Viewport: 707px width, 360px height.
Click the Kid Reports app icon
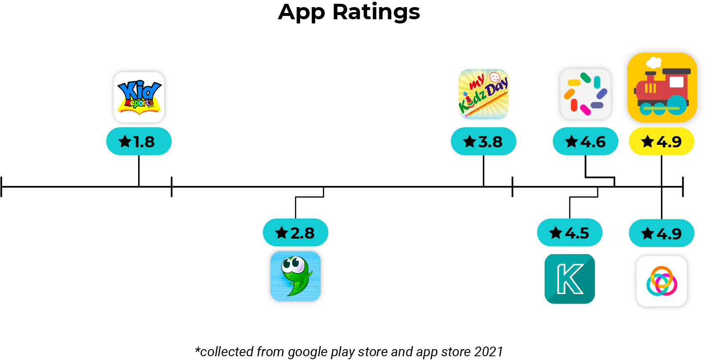pos(139,97)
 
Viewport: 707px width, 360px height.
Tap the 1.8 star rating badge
pos(139,141)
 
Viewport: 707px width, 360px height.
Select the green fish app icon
pos(296,277)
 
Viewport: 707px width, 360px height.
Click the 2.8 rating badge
pos(296,233)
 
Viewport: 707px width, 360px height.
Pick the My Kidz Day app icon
pos(483,94)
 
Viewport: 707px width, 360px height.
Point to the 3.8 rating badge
pos(483,141)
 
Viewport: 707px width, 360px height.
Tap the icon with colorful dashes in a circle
pos(585,94)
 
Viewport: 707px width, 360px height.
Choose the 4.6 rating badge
pos(585,141)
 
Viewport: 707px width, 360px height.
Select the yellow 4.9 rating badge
pos(661,141)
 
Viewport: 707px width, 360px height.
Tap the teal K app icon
pos(570,279)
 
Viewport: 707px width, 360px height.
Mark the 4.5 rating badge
pos(570,233)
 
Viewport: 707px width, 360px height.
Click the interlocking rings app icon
pos(662,281)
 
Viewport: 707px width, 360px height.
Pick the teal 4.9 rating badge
pos(661,233)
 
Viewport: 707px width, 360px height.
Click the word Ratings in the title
pos(376,13)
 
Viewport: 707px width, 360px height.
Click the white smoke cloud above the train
pos(653,63)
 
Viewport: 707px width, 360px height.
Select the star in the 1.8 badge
pos(125,141)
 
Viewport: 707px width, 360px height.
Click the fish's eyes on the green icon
pos(293,264)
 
